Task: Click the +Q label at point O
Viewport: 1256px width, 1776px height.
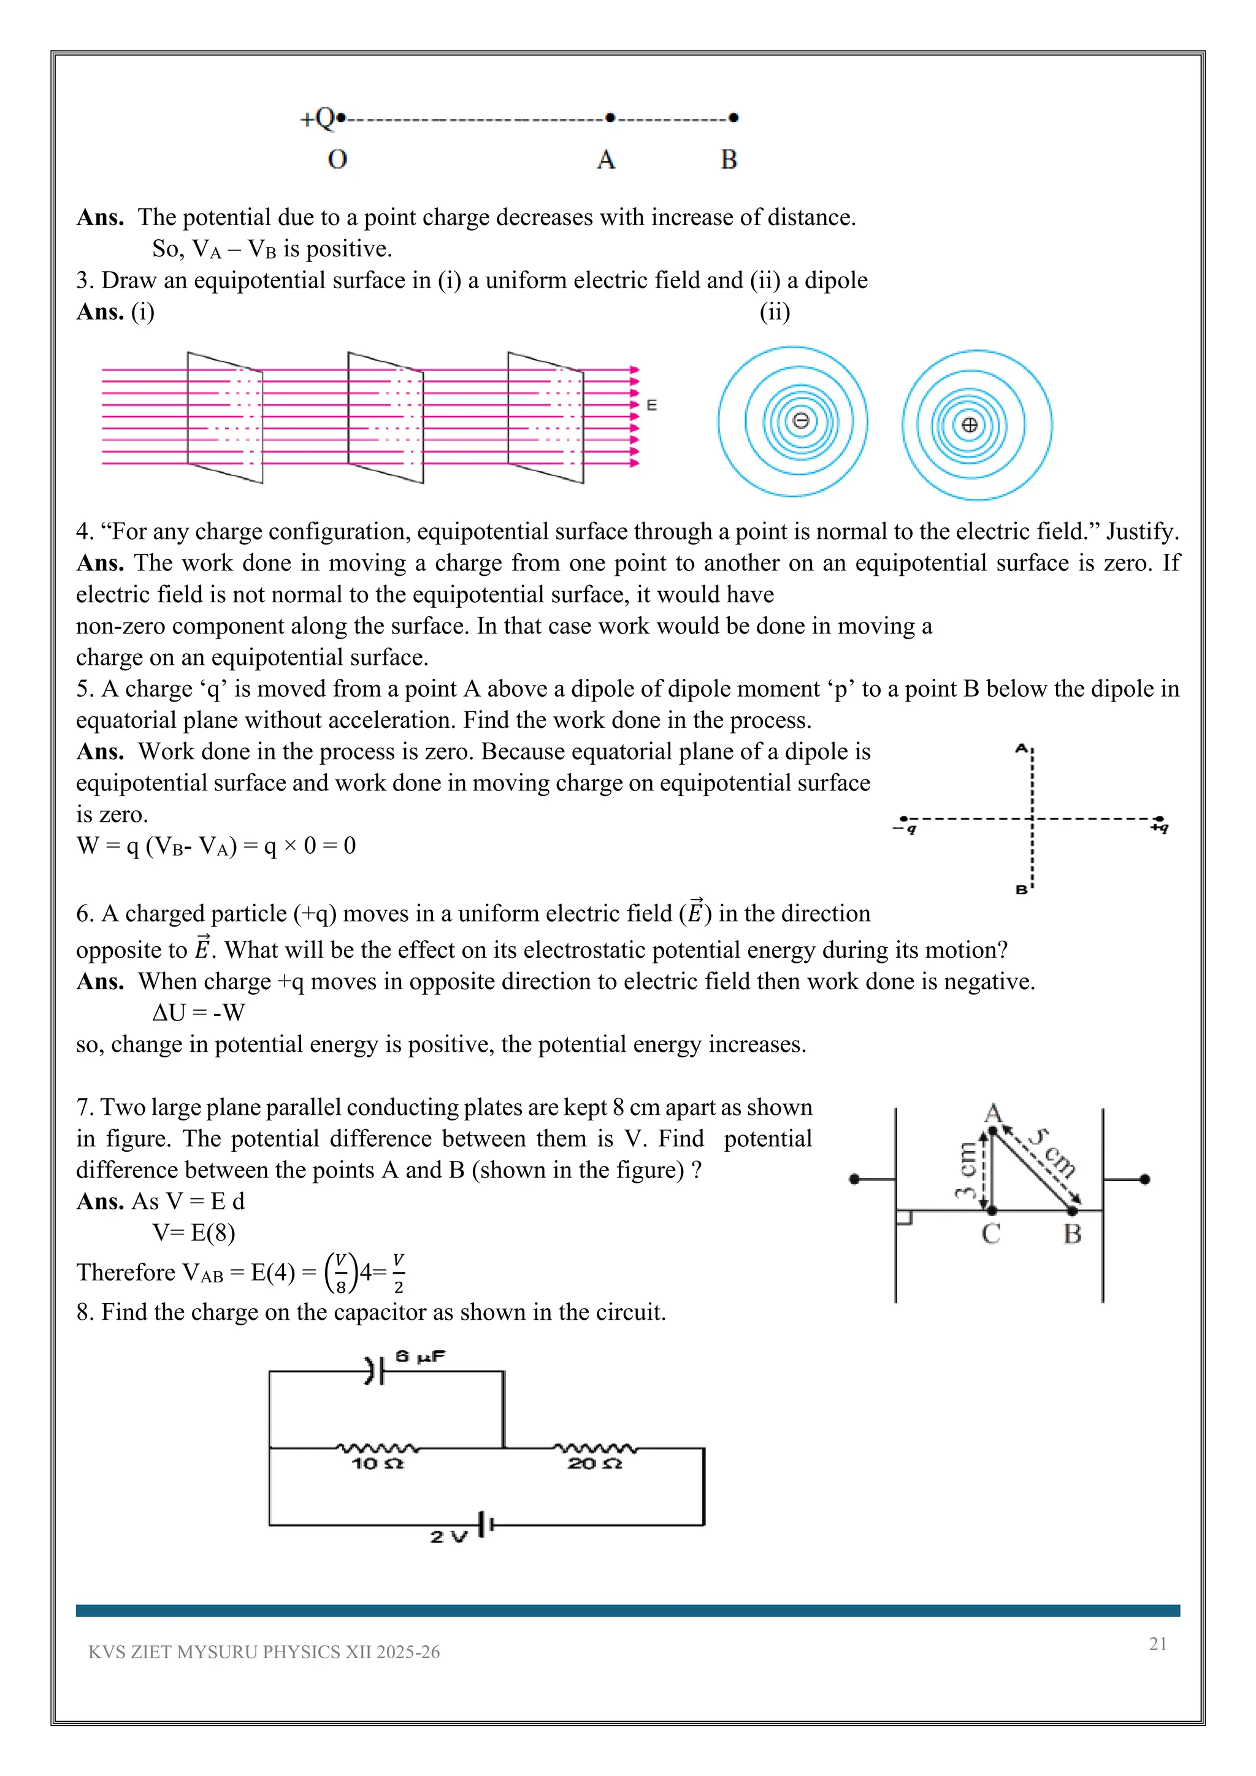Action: (317, 118)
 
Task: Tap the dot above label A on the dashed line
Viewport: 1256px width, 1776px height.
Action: (610, 118)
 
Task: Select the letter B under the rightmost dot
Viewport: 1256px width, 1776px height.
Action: (729, 159)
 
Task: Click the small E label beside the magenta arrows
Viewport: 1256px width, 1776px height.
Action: (652, 405)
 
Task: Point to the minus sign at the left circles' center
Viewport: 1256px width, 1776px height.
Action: (801, 421)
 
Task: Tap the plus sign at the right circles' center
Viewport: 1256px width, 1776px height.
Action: (970, 424)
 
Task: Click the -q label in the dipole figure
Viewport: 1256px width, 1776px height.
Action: (905, 829)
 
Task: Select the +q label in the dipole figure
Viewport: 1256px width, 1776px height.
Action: (1158, 829)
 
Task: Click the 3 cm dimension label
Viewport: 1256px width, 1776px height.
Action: (966, 1170)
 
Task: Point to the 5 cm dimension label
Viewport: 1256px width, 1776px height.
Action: (1054, 1152)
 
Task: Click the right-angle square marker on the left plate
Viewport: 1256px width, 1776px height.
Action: (904, 1217)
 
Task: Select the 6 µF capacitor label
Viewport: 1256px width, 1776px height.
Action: (420, 1356)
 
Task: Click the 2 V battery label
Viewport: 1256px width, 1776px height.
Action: (448, 1536)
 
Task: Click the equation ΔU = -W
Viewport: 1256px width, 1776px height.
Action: (199, 1012)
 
